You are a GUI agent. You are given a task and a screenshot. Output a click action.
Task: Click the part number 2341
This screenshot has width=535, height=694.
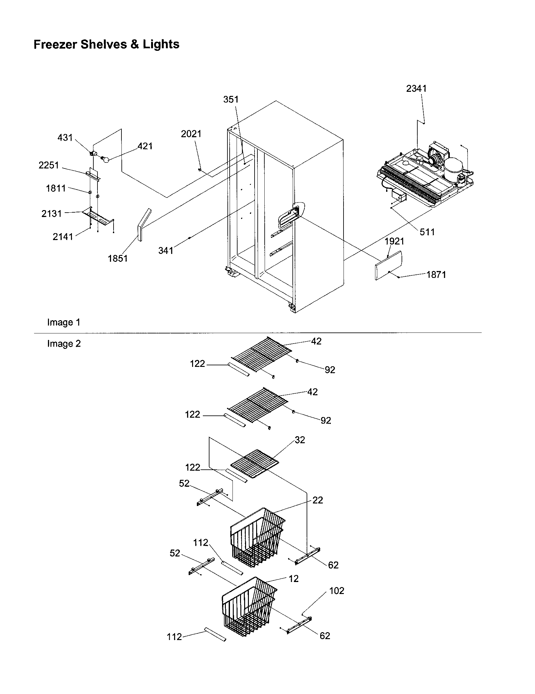click(x=416, y=89)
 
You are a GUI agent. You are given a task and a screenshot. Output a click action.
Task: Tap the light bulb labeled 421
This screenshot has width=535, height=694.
click(x=105, y=160)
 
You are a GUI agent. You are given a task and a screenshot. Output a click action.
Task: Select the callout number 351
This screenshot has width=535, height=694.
click(x=231, y=99)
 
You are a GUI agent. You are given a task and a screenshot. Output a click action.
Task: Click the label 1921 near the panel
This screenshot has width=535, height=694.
click(x=394, y=241)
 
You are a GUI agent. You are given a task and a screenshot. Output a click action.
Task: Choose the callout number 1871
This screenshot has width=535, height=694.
click(x=436, y=274)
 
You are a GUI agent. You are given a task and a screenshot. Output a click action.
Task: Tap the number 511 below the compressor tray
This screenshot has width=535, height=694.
click(x=427, y=232)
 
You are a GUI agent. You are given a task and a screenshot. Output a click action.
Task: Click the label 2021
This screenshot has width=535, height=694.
click(x=191, y=134)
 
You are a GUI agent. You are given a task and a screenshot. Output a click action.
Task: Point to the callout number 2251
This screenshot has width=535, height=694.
click(x=49, y=165)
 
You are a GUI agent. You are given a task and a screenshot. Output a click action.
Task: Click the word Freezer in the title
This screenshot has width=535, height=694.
click(x=55, y=44)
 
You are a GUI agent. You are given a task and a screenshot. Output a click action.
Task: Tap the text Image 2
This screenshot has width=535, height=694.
click(x=64, y=344)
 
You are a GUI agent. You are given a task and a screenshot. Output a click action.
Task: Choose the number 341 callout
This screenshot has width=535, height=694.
click(x=166, y=250)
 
